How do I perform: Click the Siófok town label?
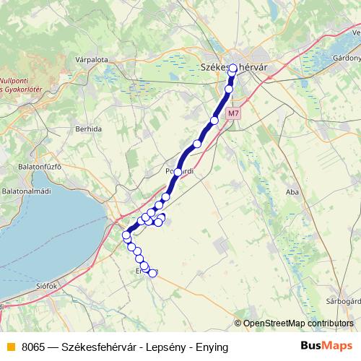coord(45,286)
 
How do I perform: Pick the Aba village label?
coord(292,192)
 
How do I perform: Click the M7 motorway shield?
coord(231,113)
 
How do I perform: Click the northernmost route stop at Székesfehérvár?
coord(233,69)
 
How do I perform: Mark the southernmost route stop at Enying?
coord(152,273)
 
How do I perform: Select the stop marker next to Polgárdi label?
coord(178,172)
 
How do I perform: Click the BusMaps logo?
coord(326,346)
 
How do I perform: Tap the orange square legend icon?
coord(9,347)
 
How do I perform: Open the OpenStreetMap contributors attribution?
coord(299,323)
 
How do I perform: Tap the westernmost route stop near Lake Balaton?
coord(126,235)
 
